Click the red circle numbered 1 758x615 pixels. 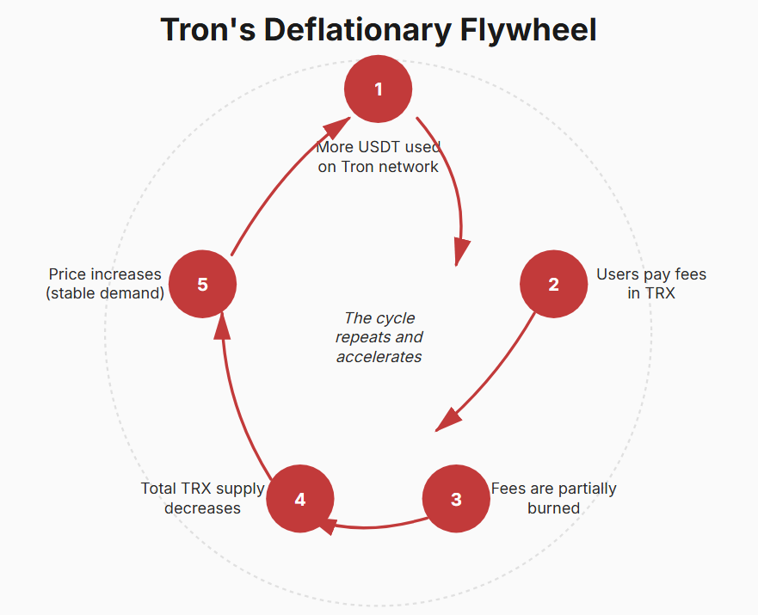coord(378,89)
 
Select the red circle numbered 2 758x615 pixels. coord(553,284)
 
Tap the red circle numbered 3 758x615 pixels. coord(456,499)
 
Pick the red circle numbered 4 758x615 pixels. coord(299,499)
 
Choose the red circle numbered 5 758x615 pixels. coord(202,284)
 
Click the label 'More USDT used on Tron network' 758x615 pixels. coord(378,157)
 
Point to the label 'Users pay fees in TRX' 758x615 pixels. coord(650,283)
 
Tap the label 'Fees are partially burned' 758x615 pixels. coord(553,498)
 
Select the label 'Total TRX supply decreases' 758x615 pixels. coord(203,498)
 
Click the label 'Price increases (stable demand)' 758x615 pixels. coord(105,283)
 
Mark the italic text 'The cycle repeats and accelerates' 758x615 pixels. coord(379,337)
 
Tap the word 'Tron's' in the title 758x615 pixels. coord(207,30)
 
